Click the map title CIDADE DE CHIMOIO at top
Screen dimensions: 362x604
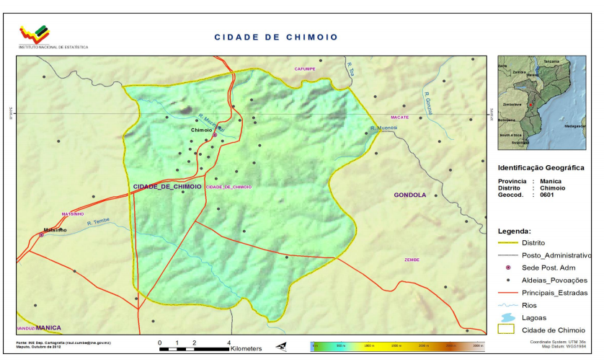(276, 37)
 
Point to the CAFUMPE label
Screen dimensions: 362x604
(304, 69)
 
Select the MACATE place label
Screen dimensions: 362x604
(400, 117)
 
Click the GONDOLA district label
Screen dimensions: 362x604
(409, 195)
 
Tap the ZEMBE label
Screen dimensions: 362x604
(412, 260)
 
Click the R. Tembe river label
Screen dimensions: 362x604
(98, 222)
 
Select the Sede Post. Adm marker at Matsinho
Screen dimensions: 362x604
(42, 235)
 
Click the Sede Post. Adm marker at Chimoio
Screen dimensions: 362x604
(214, 135)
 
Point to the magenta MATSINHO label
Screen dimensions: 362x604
(73, 214)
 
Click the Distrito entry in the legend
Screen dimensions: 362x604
(533, 243)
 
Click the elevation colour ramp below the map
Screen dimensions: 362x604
(396, 347)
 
